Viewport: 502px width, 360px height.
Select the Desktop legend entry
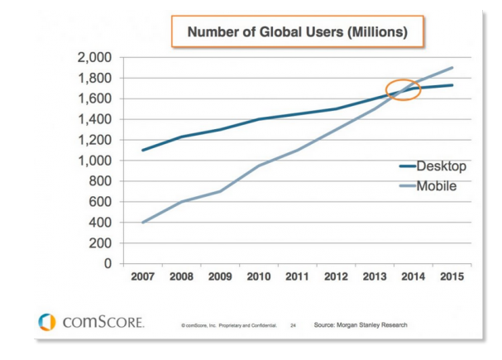coord(441,166)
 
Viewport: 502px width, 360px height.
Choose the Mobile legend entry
coord(436,186)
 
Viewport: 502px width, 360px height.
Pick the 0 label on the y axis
coord(108,264)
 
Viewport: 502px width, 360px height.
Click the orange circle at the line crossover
coord(404,89)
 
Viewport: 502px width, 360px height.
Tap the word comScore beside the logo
coord(104,322)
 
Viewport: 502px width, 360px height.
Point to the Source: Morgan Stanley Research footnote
coord(360,324)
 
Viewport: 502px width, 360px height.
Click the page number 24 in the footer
coord(293,325)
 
